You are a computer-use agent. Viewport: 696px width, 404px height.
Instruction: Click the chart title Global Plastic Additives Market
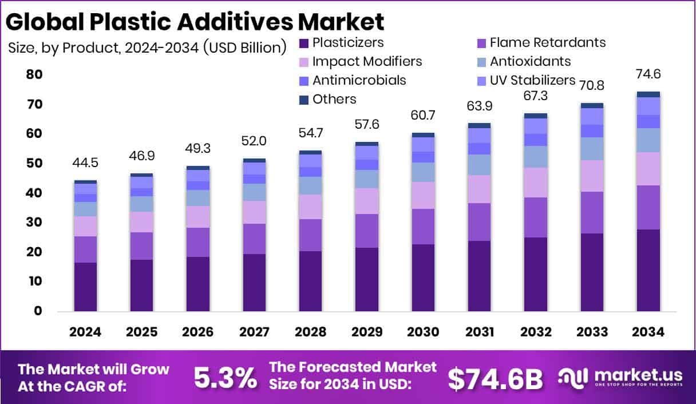tap(195, 21)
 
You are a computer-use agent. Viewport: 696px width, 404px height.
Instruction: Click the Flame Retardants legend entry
tap(547, 42)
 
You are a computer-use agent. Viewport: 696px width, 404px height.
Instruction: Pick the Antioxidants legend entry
tap(530, 61)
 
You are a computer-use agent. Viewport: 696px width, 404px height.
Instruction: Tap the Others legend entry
tap(334, 99)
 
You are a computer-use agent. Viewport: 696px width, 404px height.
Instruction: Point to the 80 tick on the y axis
tap(34, 74)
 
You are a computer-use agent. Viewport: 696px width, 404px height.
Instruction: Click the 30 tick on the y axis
tap(34, 223)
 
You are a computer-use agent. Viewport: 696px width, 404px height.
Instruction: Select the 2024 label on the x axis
tap(85, 332)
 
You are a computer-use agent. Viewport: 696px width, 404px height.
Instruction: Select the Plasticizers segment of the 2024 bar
tap(85, 287)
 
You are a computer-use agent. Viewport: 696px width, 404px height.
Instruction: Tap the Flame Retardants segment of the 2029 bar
tap(366, 231)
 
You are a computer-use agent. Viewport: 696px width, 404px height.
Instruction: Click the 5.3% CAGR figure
tap(225, 377)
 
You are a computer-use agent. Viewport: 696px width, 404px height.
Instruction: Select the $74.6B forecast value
tap(495, 377)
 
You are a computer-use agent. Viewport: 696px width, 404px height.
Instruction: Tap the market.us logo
tap(620, 377)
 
